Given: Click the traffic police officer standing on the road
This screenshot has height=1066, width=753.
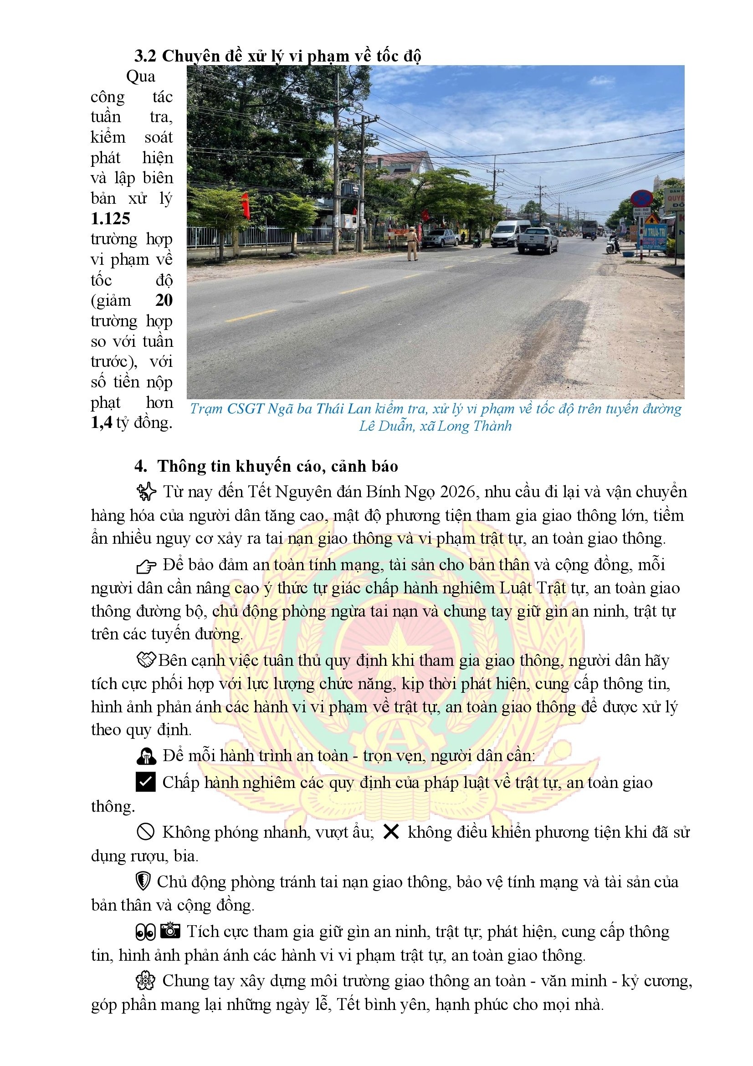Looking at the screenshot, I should point(411,243).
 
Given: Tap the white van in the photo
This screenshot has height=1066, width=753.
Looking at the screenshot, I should point(509,233).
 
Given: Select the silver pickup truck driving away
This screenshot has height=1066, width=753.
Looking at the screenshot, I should point(538,240).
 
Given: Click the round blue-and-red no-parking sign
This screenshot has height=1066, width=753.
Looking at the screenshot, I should point(642,198).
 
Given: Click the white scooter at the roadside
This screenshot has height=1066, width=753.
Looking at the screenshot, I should point(613,245).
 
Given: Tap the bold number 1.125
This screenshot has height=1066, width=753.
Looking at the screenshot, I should point(110,219).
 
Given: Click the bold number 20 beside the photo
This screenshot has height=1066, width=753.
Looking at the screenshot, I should point(164,300).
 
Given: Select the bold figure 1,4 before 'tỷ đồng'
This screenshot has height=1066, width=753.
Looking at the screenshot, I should point(101,422).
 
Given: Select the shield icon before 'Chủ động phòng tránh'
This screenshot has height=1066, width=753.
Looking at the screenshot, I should point(143,881).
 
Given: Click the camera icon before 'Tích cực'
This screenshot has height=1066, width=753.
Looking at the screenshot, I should point(170,931).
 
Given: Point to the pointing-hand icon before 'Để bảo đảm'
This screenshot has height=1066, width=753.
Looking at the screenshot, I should point(146,566).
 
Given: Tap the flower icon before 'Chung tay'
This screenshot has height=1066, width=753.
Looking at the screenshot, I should point(145,981).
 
